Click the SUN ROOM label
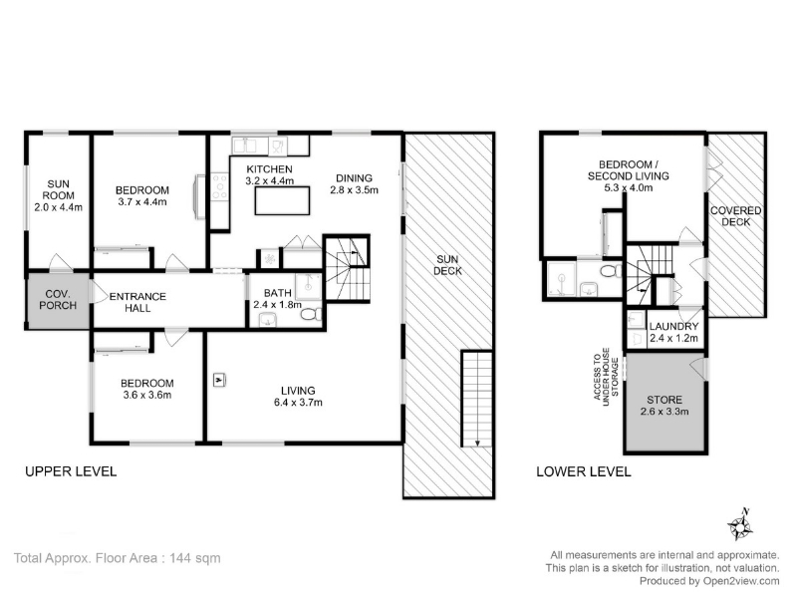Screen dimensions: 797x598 coord(58,195)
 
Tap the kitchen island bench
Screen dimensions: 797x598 coord(282,201)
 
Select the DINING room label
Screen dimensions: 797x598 coord(355,184)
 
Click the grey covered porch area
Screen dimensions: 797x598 coord(58,301)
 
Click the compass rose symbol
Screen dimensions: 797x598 coord(740,526)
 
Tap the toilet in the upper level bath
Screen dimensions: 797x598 coord(310,314)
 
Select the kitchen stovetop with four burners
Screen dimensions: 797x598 coord(219,186)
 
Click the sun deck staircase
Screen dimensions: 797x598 coord(477,399)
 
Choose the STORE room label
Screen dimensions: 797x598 coord(664,406)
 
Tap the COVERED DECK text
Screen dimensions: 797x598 coord(735,216)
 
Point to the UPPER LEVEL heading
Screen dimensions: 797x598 coord(71,471)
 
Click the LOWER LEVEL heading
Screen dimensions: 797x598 coord(584,471)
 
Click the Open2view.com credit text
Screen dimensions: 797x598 coord(741,581)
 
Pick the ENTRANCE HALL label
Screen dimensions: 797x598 coord(137,302)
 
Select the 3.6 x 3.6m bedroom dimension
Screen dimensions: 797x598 coord(146,395)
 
